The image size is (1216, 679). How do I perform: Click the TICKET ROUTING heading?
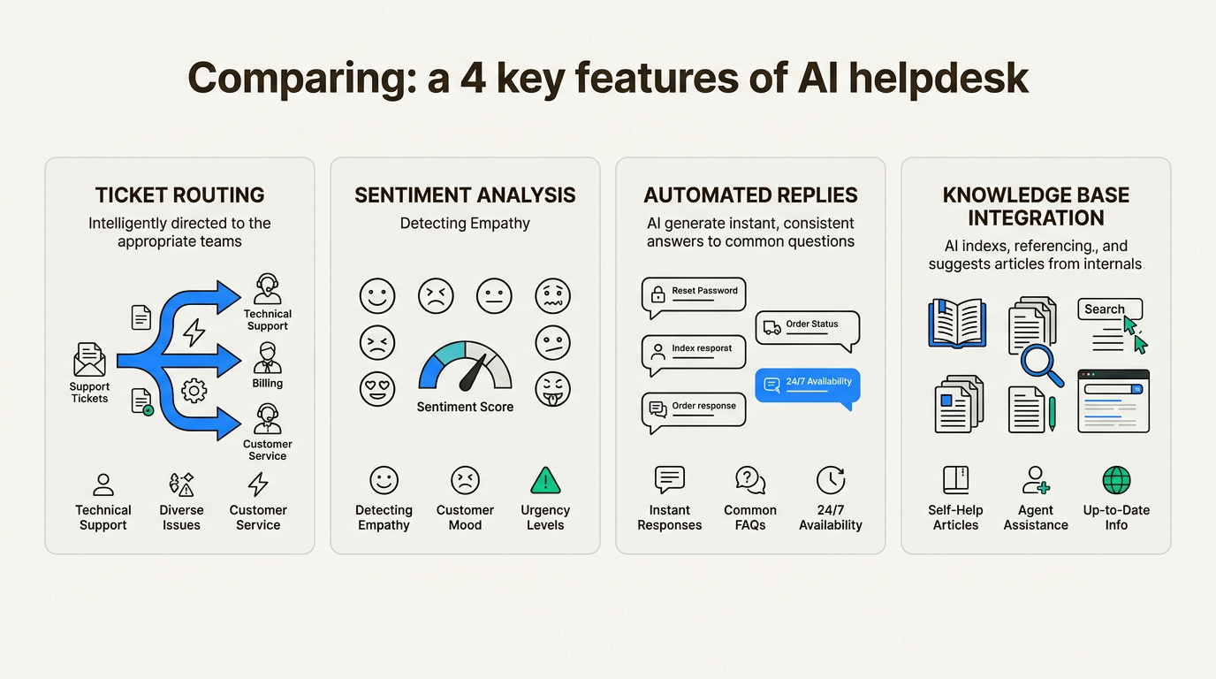coord(179,195)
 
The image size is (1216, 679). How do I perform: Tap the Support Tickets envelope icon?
coord(89,360)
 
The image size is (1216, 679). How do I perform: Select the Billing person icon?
coord(267,359)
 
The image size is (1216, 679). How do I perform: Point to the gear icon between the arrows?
coord(194,390)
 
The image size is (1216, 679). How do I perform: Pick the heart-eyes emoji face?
coord(377,388)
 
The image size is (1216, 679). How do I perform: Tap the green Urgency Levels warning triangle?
coord(545,481)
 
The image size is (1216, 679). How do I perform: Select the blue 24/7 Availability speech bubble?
coord(807,385)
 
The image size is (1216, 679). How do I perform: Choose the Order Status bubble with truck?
coord(807,328)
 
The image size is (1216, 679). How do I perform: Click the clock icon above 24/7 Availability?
coord(830,480)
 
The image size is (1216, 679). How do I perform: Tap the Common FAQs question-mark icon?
coord(749,480)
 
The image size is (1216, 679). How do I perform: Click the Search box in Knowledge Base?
coord(1110,309)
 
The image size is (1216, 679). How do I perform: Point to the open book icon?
coord(957,323)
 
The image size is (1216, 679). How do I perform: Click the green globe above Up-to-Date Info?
coord(1116,481)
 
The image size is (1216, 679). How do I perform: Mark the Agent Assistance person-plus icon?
coord(1035,480)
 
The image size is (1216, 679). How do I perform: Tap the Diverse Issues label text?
coord(181,517)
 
